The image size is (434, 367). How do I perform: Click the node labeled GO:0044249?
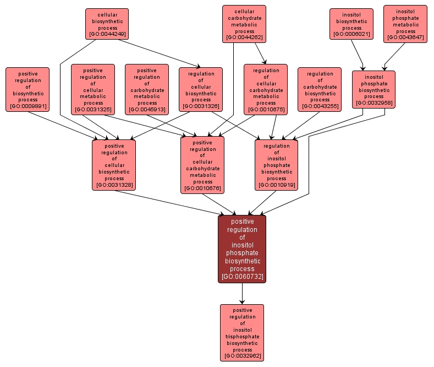coord(107,24)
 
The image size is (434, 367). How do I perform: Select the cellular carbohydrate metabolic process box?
coord(244,24)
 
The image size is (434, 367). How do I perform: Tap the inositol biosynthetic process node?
coord(351,24)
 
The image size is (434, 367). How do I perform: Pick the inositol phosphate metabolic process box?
coord(405,24)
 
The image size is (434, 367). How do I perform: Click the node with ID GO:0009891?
coord(28,89)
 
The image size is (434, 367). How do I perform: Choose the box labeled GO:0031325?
coord(93,89)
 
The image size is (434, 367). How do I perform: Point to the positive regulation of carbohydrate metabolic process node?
coord(147,89)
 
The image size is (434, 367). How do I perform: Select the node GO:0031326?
coord(201,89)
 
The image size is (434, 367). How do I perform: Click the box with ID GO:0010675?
coord(266,89)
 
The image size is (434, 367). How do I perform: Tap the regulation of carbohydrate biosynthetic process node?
coord(320,89)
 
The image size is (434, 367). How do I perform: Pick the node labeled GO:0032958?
coord(373,89)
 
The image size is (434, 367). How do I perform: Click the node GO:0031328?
coord(114,165)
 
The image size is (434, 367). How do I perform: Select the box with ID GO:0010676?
coord(202,165)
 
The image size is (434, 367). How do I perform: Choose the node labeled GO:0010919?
coord(276,165)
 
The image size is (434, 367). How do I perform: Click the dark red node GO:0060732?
coord(242,249)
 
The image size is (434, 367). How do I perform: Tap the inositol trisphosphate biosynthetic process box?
coord(242,332)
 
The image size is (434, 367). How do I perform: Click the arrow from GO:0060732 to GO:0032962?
coord(242,293)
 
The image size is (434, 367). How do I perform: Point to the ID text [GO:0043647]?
coord(405,37)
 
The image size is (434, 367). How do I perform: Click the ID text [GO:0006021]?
coord(351,35)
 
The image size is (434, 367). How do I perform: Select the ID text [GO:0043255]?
coord(320,106)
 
